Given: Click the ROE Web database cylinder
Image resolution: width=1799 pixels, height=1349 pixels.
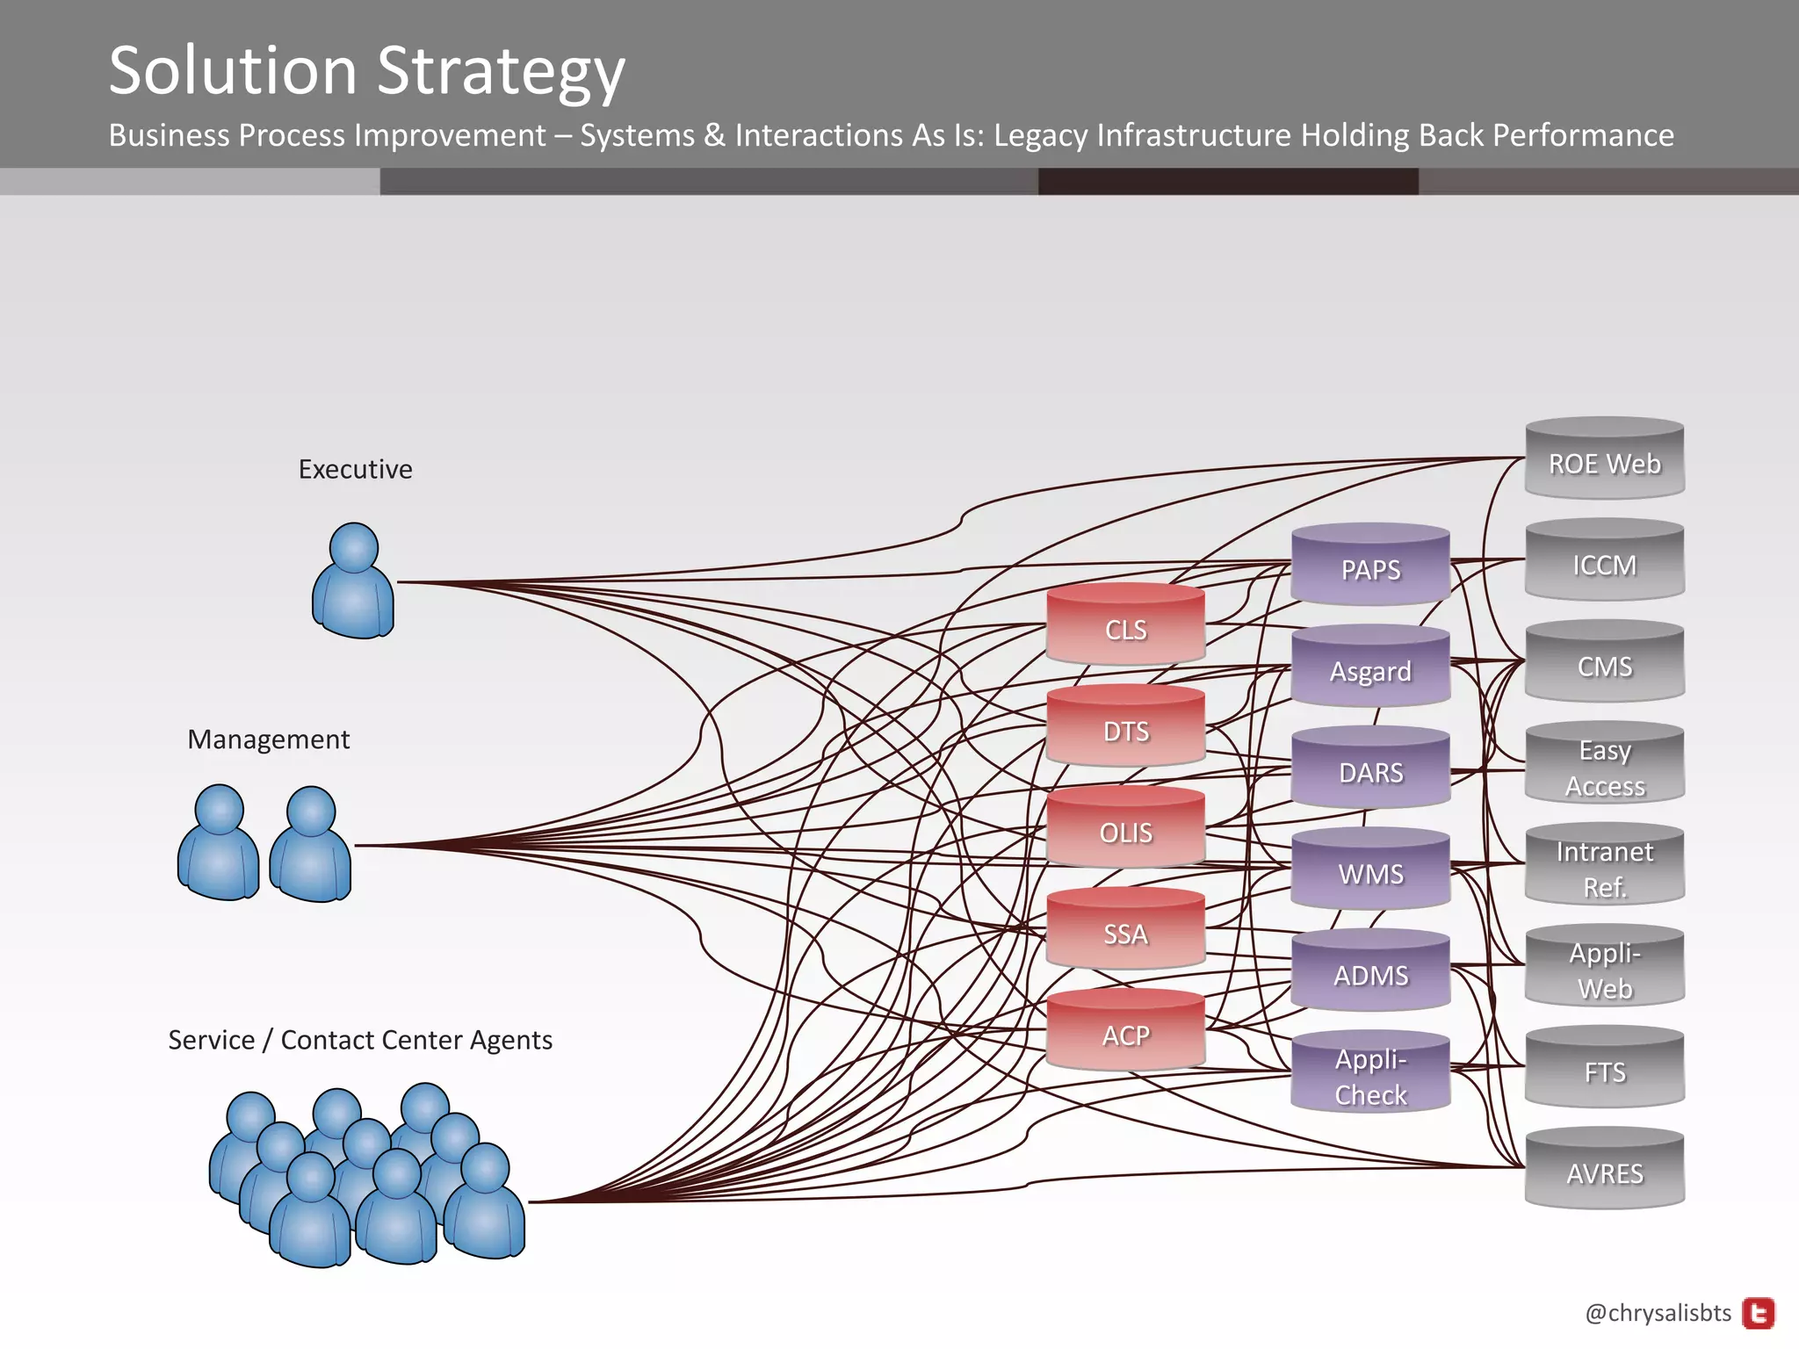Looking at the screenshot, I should [x=1604, y=460].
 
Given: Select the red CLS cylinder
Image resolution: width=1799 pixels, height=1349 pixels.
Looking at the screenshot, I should [x=1125, y=626].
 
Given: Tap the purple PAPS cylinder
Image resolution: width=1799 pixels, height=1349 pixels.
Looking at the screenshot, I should [x=1370, y=566].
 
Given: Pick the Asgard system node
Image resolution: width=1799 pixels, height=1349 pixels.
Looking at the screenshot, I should [x=1370, y=668].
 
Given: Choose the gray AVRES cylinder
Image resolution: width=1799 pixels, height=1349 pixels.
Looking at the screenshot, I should [x=1604, y=1171].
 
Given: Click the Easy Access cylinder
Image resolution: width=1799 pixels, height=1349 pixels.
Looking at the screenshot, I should [x=1604, y=765].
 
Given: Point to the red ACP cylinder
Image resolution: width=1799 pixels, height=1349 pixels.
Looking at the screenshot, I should [x=1125, y=1033].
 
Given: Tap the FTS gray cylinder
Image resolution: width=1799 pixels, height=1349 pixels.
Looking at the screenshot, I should [x=1604, y=1070].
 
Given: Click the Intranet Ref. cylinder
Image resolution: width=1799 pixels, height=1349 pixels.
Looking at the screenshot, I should [x=1604, y=867].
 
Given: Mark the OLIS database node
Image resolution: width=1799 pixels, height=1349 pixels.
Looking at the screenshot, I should [x=1125, y=830].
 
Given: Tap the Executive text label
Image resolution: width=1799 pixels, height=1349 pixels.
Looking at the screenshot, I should [x=355, y=469].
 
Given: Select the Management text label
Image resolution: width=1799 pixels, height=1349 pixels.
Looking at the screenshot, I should [x=268, y=739].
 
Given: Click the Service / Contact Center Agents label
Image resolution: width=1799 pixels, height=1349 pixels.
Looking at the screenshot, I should [x=360, y=1040].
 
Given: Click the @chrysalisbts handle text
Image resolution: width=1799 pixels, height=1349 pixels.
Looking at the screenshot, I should [x=1658, y=1313].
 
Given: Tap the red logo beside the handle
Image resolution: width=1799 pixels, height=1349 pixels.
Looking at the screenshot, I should [x=1758, y=1314].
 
